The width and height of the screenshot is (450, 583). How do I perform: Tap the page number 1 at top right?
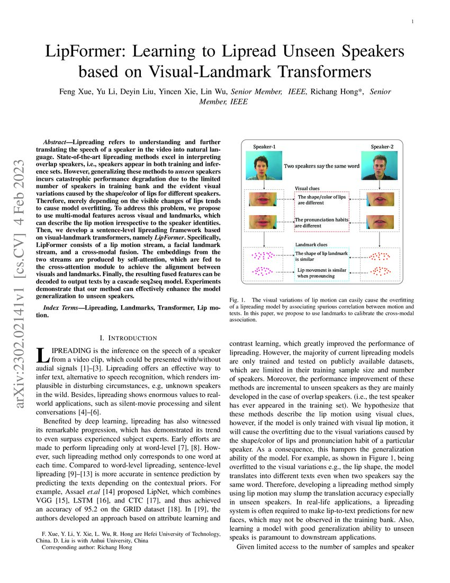[412, 21]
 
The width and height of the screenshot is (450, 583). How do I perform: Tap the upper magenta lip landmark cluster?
[263, 255]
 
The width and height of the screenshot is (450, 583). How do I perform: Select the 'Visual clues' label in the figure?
[307, 188]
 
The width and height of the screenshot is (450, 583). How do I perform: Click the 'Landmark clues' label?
[311, 244]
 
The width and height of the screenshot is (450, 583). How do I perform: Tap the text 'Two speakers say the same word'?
[321, 166]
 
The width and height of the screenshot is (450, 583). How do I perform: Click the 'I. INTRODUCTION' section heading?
[128, 338]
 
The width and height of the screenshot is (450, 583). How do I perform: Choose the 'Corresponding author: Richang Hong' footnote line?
[87, 547]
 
